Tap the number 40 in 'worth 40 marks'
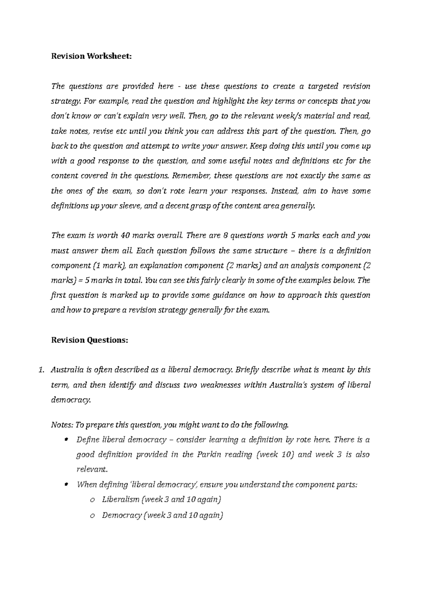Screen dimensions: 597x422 pos(124,236)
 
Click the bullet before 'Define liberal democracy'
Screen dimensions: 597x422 pos(66,440)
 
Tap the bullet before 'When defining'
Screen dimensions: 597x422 pos(66,485)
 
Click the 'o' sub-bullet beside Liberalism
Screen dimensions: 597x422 pos(92,500)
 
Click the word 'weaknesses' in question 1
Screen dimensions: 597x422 pos(220,385)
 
